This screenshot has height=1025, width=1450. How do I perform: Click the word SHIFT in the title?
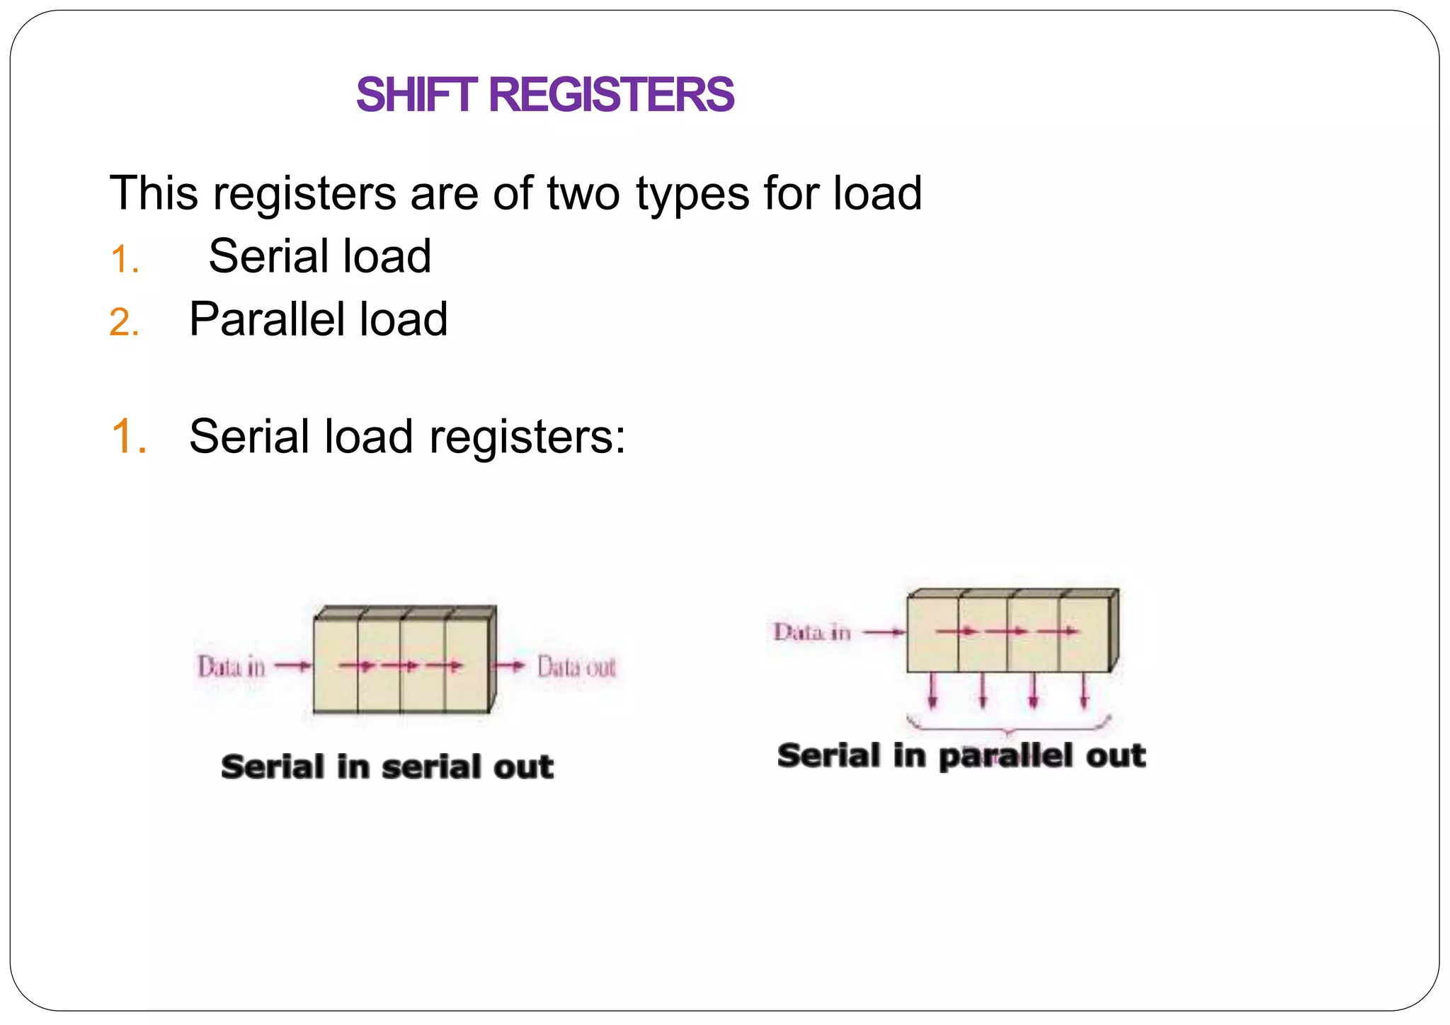click(x=416, y=95)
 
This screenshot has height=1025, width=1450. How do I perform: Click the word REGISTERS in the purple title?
click(x=611, y=95)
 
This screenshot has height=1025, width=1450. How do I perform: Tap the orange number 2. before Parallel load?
click(x=124, y=323)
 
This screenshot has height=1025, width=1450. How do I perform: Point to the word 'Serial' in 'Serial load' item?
click(x=258, y=256)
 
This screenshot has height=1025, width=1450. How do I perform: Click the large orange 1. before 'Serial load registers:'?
click(x=129, y=436)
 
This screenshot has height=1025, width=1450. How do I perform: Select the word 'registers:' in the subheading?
click(x=527, y=437)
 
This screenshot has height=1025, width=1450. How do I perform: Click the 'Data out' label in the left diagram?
click(x=576, y=667)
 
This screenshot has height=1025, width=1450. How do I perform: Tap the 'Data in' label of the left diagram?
click(x=232, y=667)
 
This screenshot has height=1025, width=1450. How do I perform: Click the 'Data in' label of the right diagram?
click(x=811, y=632)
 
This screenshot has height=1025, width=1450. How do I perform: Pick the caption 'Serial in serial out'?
click(x=387, y=767)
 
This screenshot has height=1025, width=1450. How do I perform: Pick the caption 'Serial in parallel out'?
click(x=961, y=755)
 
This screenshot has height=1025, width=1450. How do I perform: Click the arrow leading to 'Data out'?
click(x=509, y=666)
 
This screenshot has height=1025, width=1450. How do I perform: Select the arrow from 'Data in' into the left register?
click(x=292, y=666)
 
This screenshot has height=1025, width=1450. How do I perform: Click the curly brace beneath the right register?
click(x=1008, y=725)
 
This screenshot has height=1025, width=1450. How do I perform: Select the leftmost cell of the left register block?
click(x=336, y=665)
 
